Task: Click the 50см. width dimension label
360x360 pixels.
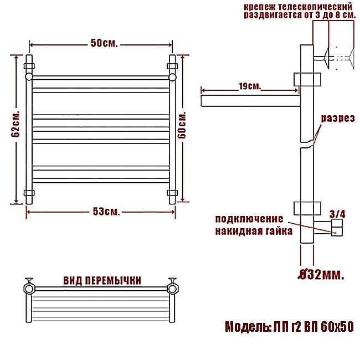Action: (104, 43)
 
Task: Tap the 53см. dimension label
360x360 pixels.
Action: (106, 212)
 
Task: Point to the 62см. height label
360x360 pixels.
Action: (16, 124)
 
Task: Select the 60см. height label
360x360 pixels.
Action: (182, 125)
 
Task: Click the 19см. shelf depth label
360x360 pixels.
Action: (250, 86)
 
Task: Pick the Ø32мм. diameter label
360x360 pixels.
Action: (321, 275)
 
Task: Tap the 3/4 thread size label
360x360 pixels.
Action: (337, 214)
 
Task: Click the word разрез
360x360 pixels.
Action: (338, 119)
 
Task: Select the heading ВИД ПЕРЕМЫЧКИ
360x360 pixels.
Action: (102, 281)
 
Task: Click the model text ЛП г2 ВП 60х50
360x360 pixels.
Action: (313, 326)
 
